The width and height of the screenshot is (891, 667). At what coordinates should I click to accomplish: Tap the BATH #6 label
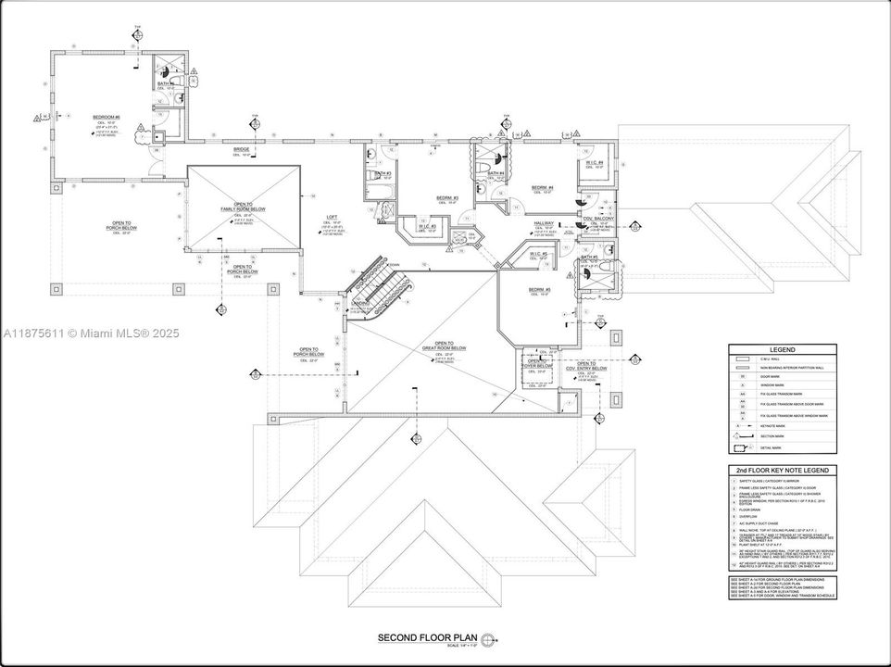click(163, 84)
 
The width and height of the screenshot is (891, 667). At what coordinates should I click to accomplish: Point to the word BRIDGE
click(241, 149)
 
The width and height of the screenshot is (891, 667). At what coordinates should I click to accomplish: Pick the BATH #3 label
click(383, 173)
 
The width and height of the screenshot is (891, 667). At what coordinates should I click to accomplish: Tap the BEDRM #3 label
click(448, 197)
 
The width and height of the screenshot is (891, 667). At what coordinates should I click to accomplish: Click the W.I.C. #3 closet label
click(427, 226)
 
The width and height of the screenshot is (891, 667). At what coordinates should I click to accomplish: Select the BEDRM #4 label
click(542, 188)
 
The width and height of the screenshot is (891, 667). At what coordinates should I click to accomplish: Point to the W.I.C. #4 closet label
click(595, 163)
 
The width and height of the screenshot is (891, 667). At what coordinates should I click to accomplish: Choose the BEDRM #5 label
click(540, 290)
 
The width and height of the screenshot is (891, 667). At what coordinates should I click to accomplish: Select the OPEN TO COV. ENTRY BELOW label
click(586, 366)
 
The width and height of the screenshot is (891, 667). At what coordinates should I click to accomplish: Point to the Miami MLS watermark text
click(92, 333)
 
